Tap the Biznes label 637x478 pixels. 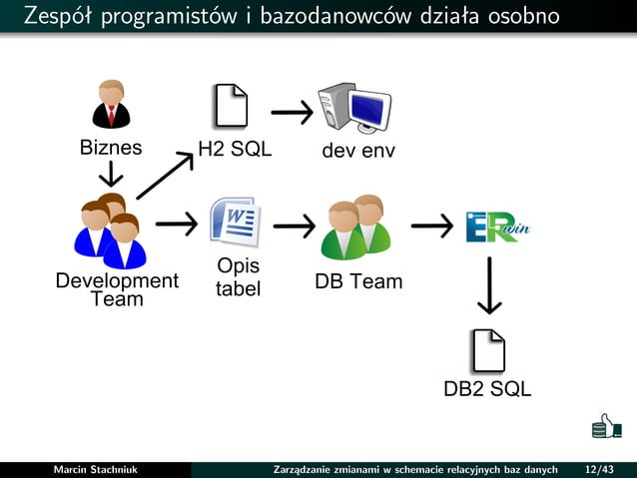111,149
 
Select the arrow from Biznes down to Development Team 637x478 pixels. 111,176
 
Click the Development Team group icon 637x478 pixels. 110,232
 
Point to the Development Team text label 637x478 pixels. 117,289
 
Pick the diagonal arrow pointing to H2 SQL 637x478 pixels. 165,176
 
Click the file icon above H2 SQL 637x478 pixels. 231,106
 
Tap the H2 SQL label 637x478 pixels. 235,150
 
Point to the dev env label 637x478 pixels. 357,151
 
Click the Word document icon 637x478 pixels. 235,222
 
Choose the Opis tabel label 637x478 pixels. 238,278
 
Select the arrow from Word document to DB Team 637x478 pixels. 294,227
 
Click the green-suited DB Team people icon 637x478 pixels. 356,228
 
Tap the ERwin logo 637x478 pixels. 497,228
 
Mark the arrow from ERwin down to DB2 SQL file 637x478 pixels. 489,285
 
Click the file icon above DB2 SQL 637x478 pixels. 488,349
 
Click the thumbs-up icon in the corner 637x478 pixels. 606,426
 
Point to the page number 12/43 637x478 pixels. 600,469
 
